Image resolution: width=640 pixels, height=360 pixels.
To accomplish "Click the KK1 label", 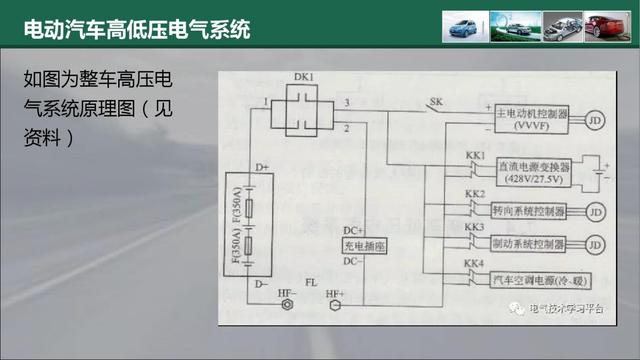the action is pos(474,157).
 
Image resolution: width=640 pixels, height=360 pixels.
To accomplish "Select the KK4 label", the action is pos(474,264).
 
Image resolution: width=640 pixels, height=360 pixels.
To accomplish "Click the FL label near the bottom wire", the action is pos(311,284).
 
